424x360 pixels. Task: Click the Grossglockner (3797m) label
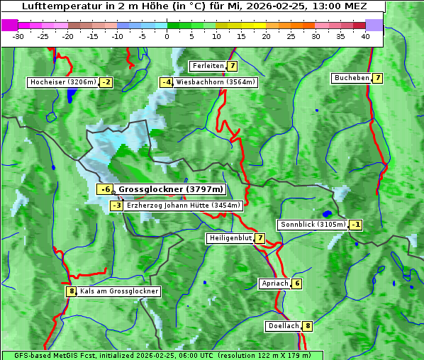tap(170, 189)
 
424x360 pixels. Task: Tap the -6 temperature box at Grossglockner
tap(105, 189)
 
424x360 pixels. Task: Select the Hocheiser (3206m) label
tap(62, 82)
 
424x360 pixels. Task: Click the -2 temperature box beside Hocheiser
tap(106, 82)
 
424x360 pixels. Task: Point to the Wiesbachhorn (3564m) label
tap(216, 82)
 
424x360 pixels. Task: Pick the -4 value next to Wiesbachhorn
tap(167, 82)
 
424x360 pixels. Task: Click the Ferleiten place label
tap(208, 66)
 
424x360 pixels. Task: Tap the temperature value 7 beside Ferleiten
tap(233, 66)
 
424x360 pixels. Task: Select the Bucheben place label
tap(351, 78)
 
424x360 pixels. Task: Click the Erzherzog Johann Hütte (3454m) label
tap(184, 206)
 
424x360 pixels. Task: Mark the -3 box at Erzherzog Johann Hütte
tap(116, 206)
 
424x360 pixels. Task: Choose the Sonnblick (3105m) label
tap(313, 225)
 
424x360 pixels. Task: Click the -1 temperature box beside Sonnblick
tap(355, 225)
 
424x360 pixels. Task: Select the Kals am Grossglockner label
tap(119, 291)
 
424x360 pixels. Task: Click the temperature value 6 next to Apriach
tap(296, 283)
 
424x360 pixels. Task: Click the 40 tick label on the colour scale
tap(365, 36)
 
